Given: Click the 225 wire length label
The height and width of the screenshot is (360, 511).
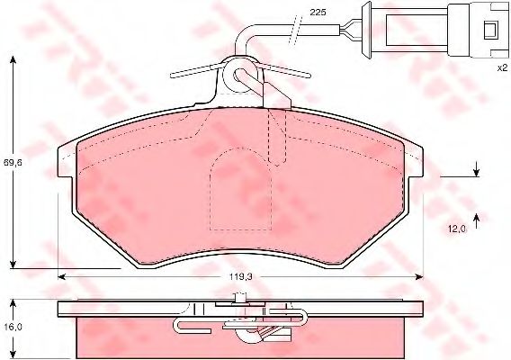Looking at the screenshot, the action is tap(318, 13).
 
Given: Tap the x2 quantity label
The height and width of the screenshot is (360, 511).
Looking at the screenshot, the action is tap(502, 67).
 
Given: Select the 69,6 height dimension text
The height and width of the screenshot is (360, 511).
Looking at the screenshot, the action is tap(13, 162).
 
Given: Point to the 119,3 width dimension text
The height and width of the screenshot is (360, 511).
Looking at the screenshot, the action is tap(240, 277).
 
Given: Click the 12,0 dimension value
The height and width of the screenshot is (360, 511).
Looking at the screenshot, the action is tap(458, 229).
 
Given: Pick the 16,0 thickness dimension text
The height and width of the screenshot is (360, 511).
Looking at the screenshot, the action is tap(13, 327).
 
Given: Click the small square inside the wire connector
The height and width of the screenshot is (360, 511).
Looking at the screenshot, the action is tap(490, 30).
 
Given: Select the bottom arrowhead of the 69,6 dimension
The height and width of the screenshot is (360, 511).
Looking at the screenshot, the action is tap(13, 264).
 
